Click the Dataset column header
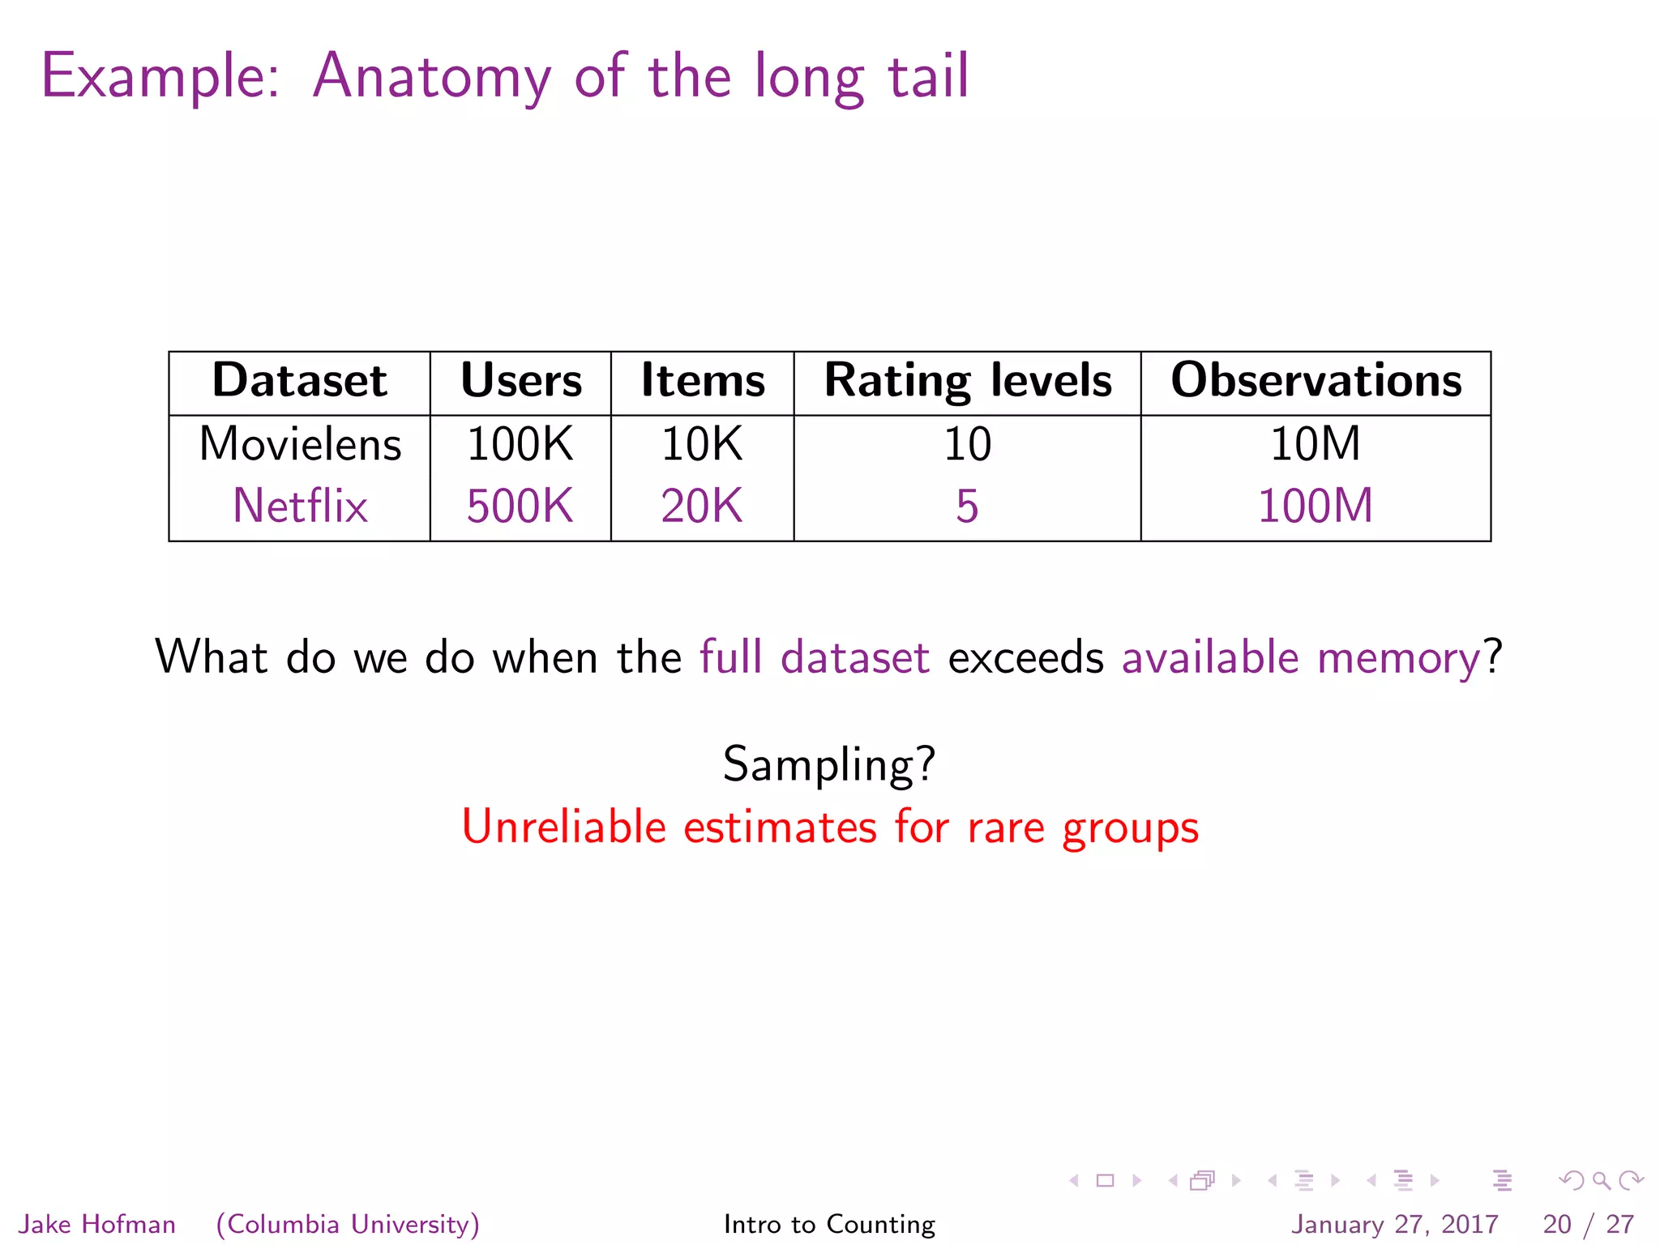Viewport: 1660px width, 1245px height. click(299, 381)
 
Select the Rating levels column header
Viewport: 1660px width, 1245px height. click(968, 381)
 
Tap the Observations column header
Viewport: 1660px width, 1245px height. click(1316, 381)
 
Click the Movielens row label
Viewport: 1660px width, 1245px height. click(300, 445)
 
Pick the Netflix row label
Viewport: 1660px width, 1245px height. click(300, 507)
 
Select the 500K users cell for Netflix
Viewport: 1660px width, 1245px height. click(520, 507)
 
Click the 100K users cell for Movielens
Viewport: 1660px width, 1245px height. click(520, 445)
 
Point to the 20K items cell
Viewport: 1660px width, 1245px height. click(702, 507)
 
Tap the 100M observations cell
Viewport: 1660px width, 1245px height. click(1315, 507)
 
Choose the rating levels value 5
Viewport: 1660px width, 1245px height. click(967, 507)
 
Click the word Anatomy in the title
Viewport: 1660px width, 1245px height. click(432, 77)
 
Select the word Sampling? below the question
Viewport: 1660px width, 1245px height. click(829, 764)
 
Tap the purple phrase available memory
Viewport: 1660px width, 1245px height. click(1302, 657)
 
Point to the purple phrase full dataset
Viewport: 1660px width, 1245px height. click(814, 657)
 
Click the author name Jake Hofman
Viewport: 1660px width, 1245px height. click(96, 1224)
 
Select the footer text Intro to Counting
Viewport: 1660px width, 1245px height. click(829, 1224)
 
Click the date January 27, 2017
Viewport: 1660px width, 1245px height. click(1394, 1224)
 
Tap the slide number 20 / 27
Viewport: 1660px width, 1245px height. click(1588, 1224)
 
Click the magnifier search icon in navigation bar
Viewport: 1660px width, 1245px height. click(1601, 1181)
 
